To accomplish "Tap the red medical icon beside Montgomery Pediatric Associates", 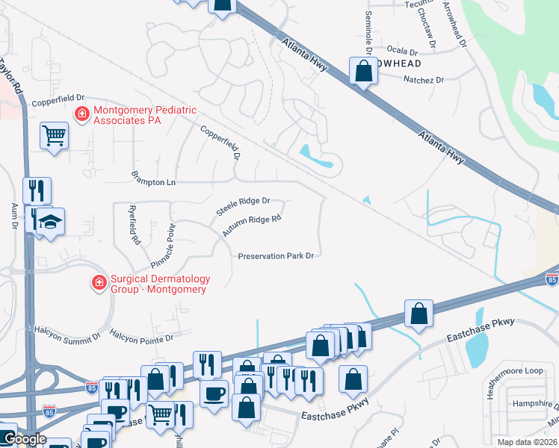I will [81, 114].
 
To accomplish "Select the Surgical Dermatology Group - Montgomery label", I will [160, 284].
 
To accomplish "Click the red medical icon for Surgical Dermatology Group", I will [98, 282].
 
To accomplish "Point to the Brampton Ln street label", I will [152, 182].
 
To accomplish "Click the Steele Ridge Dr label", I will [243, 207].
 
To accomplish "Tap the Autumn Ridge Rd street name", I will [251, 226].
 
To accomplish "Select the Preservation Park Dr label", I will [275, 256].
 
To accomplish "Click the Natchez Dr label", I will [424, 79].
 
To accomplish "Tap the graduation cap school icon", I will [50, 221].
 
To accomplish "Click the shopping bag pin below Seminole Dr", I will [363, 72].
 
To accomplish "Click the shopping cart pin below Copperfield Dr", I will [54, 136].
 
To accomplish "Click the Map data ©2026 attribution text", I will [527, 442].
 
